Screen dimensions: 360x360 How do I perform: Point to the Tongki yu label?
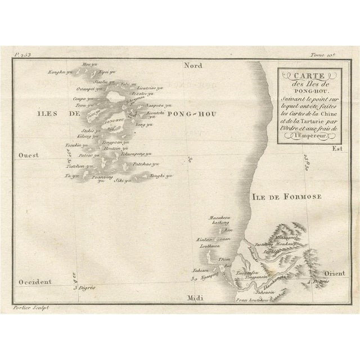[159, 176]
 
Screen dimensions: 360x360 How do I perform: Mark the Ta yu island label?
[72, 176]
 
